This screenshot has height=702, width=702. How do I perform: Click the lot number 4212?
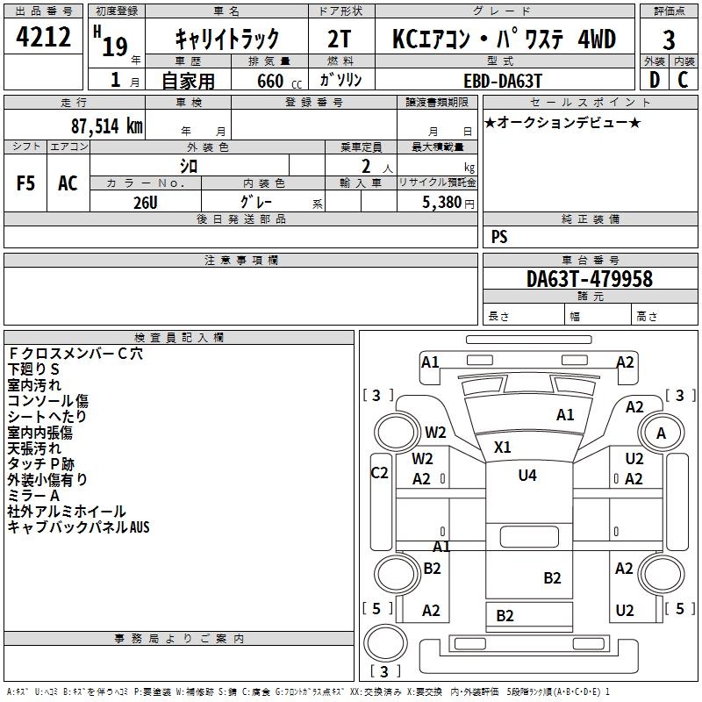(x=43, y=37)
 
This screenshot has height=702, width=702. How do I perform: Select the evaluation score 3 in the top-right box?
(x=669, y=40)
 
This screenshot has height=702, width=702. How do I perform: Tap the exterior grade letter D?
(x=654, y=80)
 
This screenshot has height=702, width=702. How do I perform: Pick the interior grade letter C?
(x=683, y=80)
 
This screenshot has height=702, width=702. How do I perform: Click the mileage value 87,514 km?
(x=106, y=125)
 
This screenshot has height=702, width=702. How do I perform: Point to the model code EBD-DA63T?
(x=503, y=81)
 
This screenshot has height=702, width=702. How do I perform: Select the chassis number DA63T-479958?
(x=590, y=279)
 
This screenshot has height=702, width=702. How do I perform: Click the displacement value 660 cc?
(x=279, y=81)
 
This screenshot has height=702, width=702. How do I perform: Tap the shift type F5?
(x=25, y=183)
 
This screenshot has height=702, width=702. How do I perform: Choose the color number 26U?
(x=146, y=203)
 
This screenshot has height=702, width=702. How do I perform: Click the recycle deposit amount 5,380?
(x=442, y=202)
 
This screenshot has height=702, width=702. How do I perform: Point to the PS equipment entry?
(x=499, y=236)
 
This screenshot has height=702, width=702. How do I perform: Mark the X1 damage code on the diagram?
(x=502, y=447)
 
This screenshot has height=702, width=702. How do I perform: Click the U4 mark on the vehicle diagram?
(x=527, y=475)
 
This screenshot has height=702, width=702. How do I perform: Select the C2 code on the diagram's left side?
(x=379, y=473)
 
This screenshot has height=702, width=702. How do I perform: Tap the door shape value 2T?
(x=339, y=39)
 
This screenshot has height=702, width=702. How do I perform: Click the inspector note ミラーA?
(x=33, y=496)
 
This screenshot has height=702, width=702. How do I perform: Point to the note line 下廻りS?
(x=33, y=369)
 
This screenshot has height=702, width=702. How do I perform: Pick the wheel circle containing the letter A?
(x=662, y=433)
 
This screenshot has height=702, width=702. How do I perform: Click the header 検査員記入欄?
(x=179, y=338)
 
